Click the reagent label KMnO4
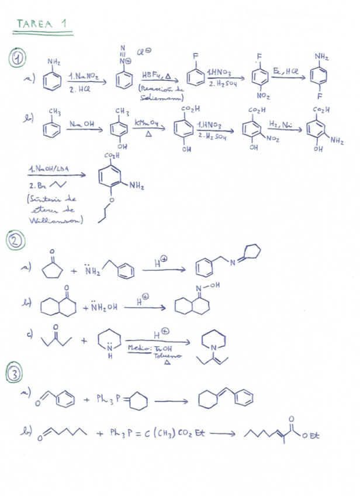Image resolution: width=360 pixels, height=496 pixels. pyautogui.click(x=146, y=123)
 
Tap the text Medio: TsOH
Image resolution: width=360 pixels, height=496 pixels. pyautogui.click(x=143, y=349)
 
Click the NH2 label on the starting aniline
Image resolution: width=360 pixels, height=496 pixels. pyautogui.click(x=54, y=63)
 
